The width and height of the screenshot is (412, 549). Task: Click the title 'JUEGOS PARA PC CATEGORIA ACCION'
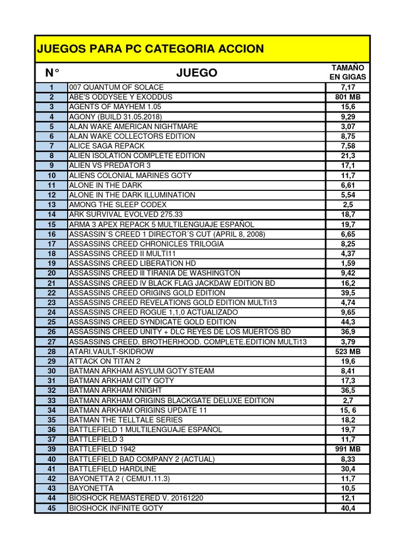coord(150,49)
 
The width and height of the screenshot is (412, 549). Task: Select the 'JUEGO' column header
coord(197,72)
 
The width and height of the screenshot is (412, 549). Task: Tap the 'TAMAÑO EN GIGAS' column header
coord(348,72)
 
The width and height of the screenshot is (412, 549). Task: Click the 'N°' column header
coord(51,72)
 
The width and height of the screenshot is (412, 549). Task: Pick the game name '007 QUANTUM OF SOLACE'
coord(116,87)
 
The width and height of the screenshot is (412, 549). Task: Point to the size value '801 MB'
coord(348,97)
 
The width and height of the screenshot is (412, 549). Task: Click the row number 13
coord(51,205)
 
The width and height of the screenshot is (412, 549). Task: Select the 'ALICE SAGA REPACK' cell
coord(107,146)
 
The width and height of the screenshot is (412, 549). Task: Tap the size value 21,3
coord(348,155)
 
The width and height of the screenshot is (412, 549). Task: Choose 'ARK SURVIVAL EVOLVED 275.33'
coord(126,214)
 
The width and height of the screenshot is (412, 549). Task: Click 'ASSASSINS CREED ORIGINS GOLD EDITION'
coord(148,293)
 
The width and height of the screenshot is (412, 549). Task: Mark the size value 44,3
coord(348,322)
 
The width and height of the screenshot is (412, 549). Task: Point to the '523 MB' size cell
coord(348,352)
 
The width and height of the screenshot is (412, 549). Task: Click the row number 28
coord(51,352)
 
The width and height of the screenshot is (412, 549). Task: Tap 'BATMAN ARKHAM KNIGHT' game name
coord(115,391)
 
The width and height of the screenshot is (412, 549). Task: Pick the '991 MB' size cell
coord(348,449)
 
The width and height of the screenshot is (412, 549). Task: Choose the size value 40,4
coord(348,508)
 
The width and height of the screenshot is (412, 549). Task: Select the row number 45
coord(51,508)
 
